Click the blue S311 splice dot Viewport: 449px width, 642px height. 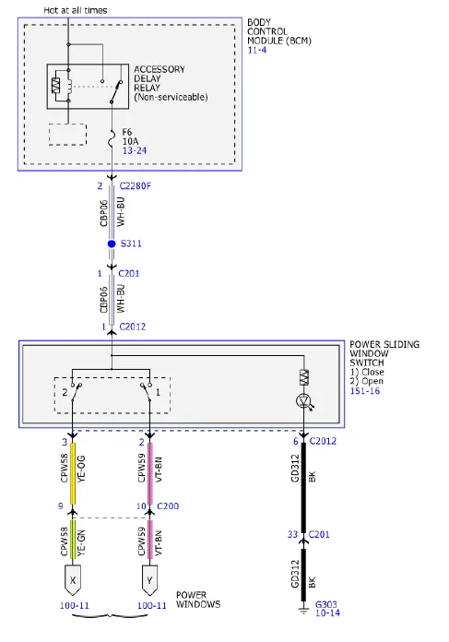tap(112, 244)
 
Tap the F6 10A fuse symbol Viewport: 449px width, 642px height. tap(112, 138)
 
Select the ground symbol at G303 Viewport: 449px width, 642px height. tap(303, 610)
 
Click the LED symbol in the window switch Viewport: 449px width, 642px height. tap(303, 400)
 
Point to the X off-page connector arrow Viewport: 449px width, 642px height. tap(73, 580)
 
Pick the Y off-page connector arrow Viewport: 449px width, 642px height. tap(149, 580)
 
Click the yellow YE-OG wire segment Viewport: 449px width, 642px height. tap(73, 473)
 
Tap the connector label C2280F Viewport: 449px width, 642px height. tap(135, 186)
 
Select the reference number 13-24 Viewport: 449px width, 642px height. tap(135, 150)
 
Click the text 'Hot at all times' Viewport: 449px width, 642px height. tap(76, 10)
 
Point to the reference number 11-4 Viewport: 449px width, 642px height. tap(257, 50)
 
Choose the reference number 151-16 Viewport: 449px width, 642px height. tap(365, 390)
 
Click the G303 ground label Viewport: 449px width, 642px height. tap(326, 604)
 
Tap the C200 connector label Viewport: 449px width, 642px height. tap(168, 506)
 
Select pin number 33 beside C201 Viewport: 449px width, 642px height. tap(292, 534)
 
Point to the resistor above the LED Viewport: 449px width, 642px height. tap(303, 377)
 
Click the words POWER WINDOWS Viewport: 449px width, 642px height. tap(198, 600)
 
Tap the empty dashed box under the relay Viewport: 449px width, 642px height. tap(67, 135)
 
